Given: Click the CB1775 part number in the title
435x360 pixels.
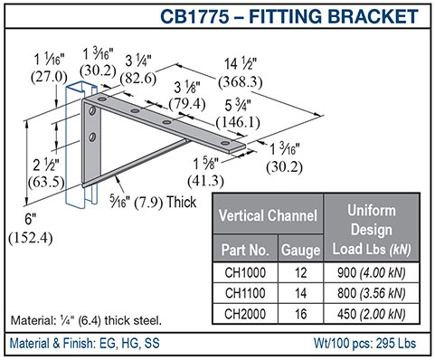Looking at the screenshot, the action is (x=194, y=16).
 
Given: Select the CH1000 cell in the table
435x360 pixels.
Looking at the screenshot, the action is (x=245, y=272).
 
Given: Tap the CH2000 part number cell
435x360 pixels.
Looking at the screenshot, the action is (x=245, y=314).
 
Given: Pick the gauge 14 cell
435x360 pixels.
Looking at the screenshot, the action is (x=300, y=293).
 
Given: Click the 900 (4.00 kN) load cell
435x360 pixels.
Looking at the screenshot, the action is (x=372, y=272).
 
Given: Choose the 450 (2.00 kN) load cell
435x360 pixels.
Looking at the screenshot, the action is (x=372, y=314).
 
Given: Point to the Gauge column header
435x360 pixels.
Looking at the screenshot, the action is (x=300, y=250).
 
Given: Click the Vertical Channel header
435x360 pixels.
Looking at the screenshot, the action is (x=268, y=215).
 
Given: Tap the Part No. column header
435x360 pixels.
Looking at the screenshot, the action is (x=245, y=250).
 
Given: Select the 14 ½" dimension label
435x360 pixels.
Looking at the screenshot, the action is (x=241, y=64).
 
